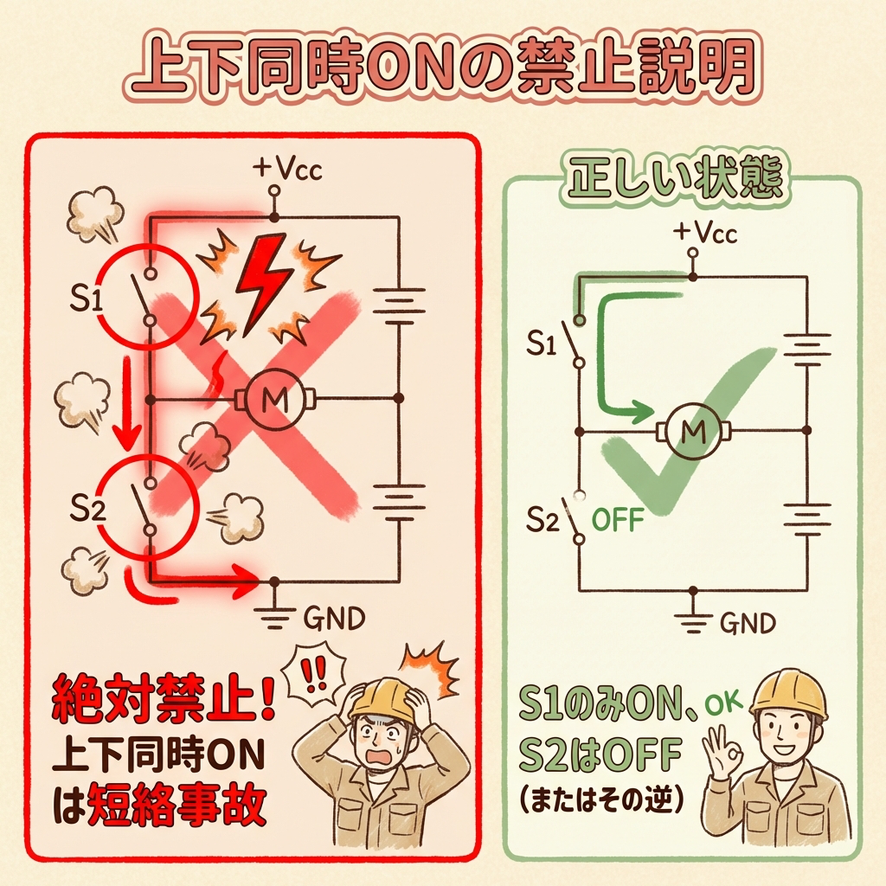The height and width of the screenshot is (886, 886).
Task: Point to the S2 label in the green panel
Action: [x=545, y=518]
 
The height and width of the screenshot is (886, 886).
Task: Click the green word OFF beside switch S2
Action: [x=618, y=523]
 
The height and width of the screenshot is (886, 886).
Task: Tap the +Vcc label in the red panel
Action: [x=286, y=168]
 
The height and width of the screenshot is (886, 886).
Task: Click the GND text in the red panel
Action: [x=334, y=619]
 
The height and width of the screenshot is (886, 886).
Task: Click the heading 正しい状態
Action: [x=676, y=179]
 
